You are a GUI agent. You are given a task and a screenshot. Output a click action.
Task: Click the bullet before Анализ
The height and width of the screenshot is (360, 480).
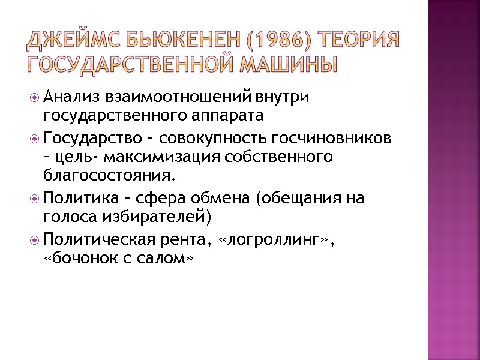[36, 97]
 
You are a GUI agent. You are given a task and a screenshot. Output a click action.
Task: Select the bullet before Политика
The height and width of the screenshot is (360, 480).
[36, 199]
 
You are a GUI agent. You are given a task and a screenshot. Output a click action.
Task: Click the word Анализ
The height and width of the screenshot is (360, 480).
[72, 97]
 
